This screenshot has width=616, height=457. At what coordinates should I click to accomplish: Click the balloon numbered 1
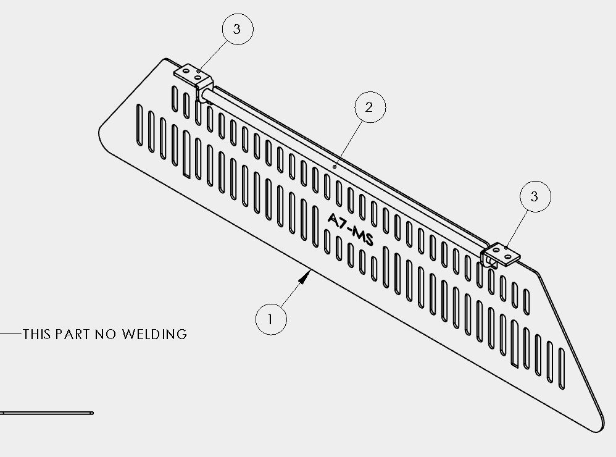click(x=271, y=319)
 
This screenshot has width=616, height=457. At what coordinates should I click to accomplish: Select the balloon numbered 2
click(x=370, y=107)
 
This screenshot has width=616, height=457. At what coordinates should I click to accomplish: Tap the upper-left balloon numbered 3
click(x=238, y=29)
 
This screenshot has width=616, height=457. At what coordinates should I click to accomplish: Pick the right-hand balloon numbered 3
click(x=535, y=196)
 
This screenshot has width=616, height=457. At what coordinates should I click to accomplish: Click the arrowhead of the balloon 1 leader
click(x=306, y=277)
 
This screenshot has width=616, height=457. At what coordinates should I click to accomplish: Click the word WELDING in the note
click(x=154, y=334)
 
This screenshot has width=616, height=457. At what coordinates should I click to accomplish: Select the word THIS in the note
click(x=37, y=334)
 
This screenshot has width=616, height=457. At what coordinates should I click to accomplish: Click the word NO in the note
click(x=106, y=334)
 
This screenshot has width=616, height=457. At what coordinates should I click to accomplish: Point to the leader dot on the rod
click(x=335, y=167)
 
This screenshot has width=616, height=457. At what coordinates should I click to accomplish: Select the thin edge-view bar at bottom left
click(x=47, y=413)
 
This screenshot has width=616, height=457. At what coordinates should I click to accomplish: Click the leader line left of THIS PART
click(x=10, y=334)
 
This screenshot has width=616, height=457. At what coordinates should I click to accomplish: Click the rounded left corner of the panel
click(x=101, y=130)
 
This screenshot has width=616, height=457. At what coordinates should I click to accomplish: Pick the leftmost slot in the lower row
click(x=139, y=125)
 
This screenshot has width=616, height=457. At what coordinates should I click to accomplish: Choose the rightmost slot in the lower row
click(x=562, y=369)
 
